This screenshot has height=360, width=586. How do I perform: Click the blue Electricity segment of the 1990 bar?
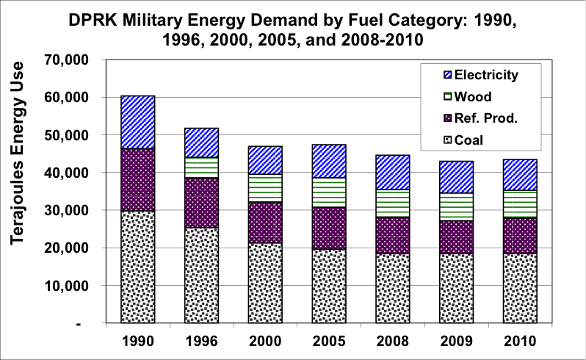coord(138,122)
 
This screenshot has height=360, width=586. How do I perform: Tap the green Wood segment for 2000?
coord(265,187)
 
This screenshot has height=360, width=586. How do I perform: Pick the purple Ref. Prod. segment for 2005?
coord(329,228)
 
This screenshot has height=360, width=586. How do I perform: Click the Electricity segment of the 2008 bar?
coord(393,172)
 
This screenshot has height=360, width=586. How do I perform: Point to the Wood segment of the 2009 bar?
coord(456,206)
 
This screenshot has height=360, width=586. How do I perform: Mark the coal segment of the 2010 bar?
coord(520,288)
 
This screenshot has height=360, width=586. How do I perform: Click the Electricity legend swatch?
coord(445,74)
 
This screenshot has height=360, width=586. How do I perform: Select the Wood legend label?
coord(474,96)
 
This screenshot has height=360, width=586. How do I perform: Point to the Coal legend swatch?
coord(445,140)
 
